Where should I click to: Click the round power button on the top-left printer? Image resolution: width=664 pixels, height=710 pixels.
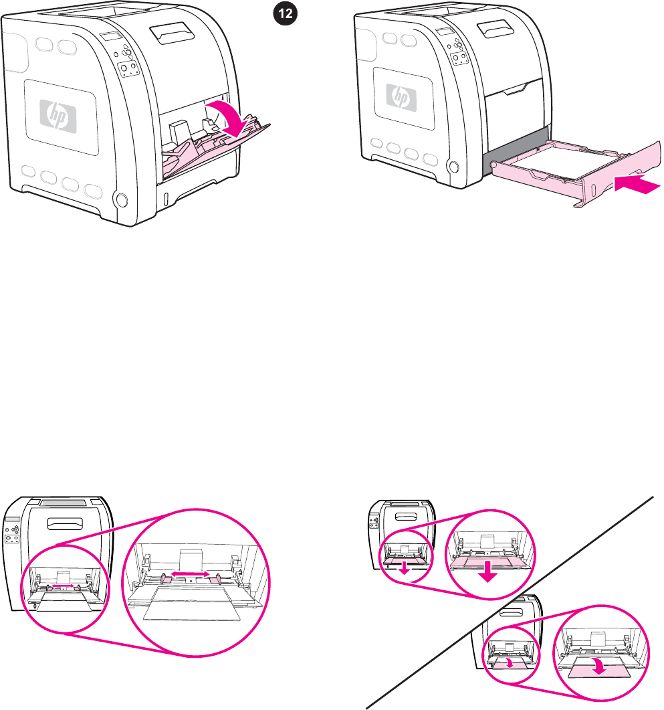click(120, 199)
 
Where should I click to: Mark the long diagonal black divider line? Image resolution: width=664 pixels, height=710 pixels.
click(508, 602)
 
